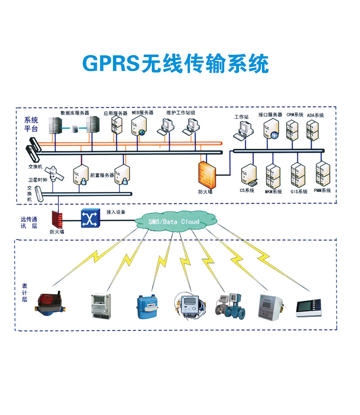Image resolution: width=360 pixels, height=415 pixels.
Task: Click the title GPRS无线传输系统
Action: [175, 64]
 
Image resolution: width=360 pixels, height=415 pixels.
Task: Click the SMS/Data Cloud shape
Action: [173, 221]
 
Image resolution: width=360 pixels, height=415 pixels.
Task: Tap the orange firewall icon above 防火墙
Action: [207, 175]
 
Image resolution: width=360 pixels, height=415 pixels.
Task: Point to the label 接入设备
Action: [116, 211]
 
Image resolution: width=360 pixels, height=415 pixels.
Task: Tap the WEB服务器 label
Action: [142, 112]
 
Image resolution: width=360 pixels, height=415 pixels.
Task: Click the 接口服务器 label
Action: [270, 115]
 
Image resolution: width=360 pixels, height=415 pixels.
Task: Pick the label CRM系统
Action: [295, 115]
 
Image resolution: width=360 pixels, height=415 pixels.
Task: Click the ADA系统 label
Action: [315, 115]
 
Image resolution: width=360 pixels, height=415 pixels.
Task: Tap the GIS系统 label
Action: [299, 191]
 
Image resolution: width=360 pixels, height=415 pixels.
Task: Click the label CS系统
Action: [247, 191]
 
